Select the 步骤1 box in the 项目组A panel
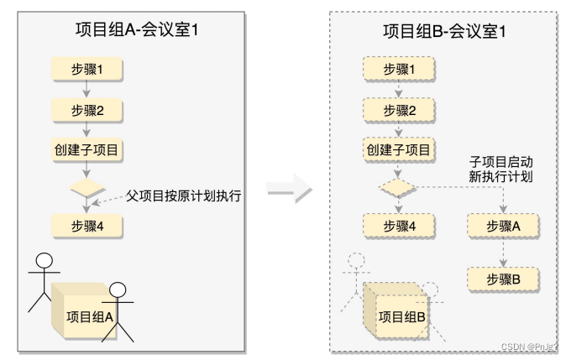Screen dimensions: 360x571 [x=86, y=68]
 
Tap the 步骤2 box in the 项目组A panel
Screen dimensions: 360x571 [x=86, y=110]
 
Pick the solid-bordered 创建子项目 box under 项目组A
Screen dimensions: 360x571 [x=86, y=151]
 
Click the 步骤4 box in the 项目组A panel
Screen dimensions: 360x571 [x=86, y=225]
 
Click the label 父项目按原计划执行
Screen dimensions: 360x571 [x=183, y=196]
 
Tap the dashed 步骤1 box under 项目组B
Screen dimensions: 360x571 [x=399, y=68]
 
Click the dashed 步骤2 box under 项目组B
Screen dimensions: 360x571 [x=399, y=110]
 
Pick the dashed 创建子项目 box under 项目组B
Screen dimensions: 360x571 [x=399, y=151]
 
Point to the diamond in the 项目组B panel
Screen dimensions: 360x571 [x=399, y=186]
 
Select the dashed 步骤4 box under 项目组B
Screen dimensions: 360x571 [x=399, y=225]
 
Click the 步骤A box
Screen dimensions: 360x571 [x=502, y=225]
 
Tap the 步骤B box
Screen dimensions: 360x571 [x=502, y=278]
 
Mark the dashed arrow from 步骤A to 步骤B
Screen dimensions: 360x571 [x=502, y=251]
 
